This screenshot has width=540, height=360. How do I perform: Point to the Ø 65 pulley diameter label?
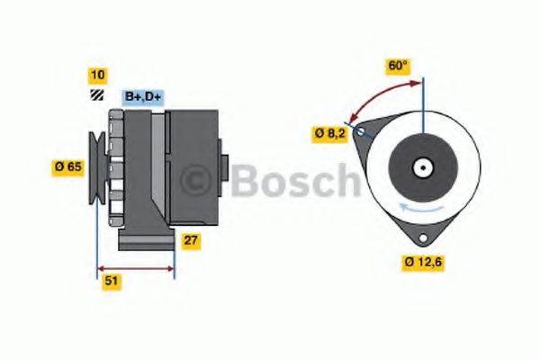[69, 166]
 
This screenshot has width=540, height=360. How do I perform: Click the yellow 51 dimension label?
[112, 282]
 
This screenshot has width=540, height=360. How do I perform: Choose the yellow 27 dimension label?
[191, 240]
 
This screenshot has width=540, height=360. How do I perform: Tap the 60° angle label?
[398, 65]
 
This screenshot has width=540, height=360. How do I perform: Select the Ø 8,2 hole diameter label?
[330, 133]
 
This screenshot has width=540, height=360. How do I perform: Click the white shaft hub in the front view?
[420, 167]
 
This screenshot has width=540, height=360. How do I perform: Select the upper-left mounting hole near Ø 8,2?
[361, 133]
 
